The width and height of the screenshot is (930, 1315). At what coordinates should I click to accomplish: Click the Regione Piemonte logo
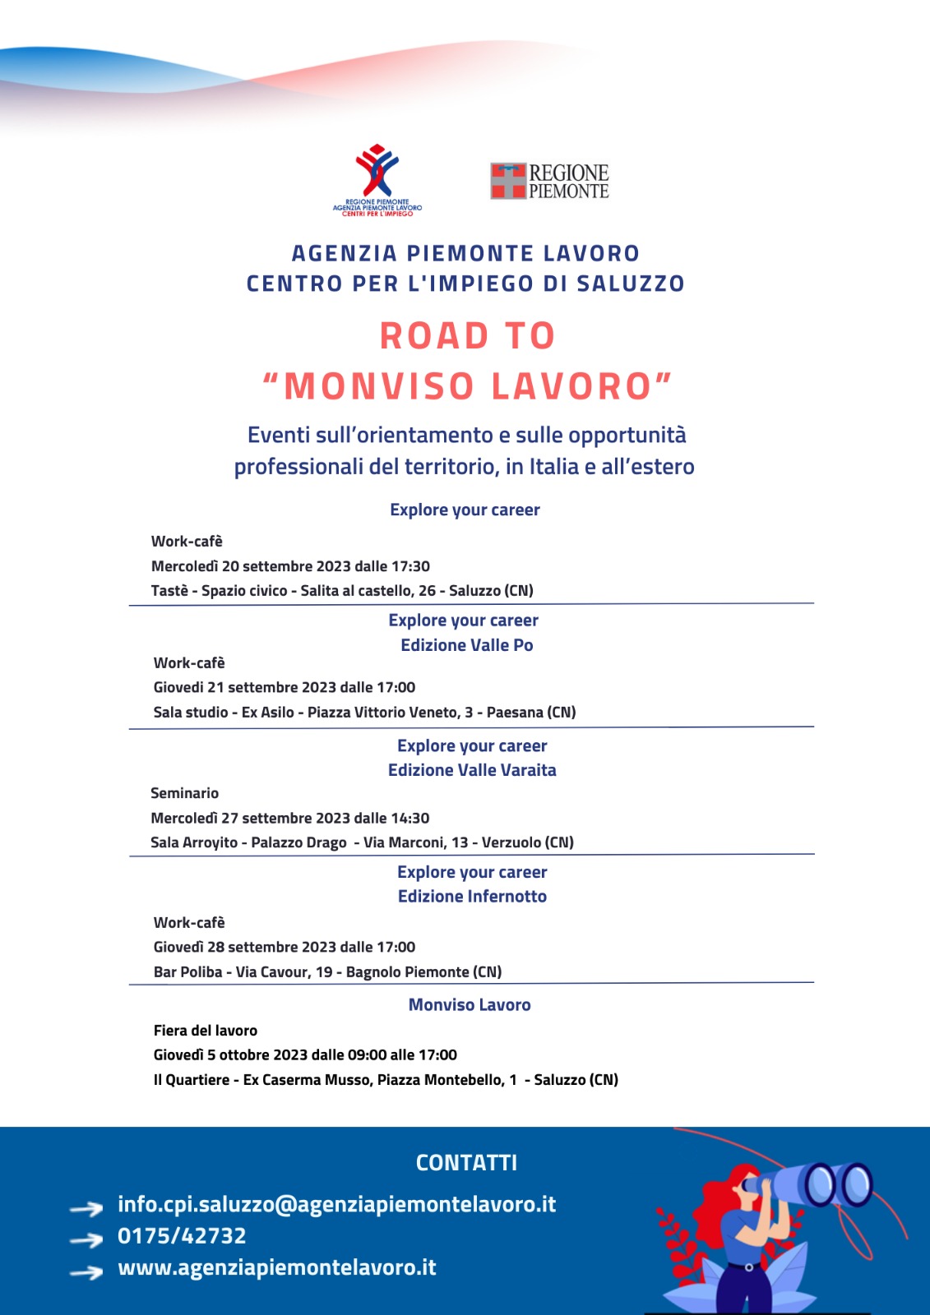549,181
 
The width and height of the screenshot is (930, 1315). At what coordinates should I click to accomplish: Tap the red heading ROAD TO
467,336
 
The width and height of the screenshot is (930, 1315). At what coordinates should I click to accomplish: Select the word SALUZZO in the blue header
631,284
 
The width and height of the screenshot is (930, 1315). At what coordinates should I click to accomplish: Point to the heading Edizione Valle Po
466,645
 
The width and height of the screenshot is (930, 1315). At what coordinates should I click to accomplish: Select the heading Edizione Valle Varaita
472,770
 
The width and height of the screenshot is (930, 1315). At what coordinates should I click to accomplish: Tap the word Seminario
184,793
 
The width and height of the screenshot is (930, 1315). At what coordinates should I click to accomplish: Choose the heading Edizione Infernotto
472,897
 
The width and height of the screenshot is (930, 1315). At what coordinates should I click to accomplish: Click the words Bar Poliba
187,972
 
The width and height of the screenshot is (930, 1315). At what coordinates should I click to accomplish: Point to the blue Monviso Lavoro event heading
470,1005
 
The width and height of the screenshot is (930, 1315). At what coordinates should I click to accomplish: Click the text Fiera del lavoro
206,1031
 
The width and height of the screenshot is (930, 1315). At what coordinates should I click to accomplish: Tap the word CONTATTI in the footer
466,1163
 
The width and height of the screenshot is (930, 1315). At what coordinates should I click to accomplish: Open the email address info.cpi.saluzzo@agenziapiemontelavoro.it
336,1205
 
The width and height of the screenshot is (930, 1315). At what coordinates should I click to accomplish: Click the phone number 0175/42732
182,1236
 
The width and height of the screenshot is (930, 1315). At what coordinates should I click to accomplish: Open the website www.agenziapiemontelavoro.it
276,1268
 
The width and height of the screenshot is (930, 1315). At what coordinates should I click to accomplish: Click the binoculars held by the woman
822,1183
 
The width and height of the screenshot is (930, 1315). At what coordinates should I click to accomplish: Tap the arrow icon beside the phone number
86,1239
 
